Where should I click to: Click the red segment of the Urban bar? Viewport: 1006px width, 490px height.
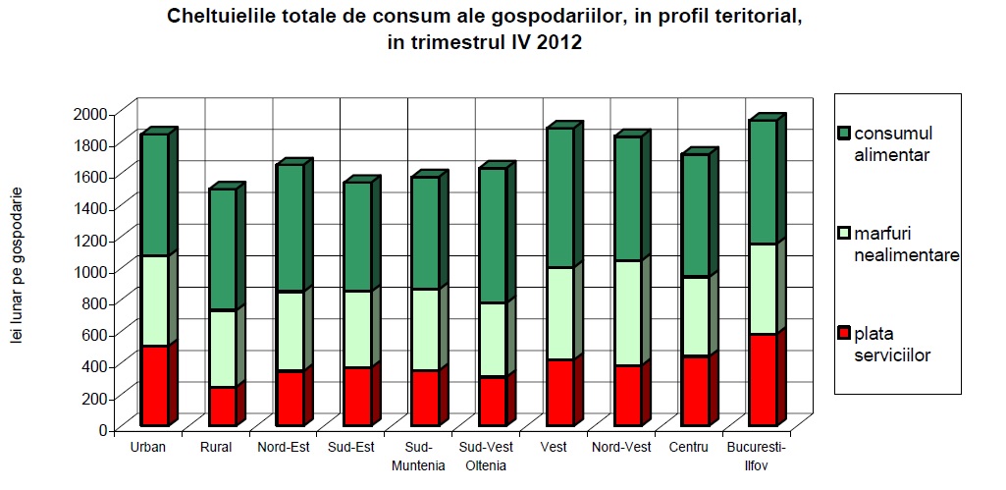pos(154,385)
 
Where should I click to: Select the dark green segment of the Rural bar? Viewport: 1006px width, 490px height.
pos(222,249)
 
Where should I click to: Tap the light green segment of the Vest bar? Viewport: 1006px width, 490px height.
pos(559,313)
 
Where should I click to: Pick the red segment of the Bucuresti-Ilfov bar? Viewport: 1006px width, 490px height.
pos(763,379)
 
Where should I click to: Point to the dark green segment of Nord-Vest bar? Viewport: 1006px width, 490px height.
pos(627,198)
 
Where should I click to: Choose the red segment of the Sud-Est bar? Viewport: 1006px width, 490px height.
pos(357,396)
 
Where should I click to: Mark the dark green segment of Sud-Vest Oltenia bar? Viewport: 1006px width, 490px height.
pos(492,236)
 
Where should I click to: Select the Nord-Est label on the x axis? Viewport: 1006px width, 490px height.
pos(284,448)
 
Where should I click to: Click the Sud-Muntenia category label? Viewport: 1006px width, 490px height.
pos(418,457)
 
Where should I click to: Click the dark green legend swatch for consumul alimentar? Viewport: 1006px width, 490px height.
pos(843,133)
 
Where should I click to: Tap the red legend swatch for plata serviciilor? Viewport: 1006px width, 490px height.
pos(843,334)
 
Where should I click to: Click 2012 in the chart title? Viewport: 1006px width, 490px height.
pos(558,43)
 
